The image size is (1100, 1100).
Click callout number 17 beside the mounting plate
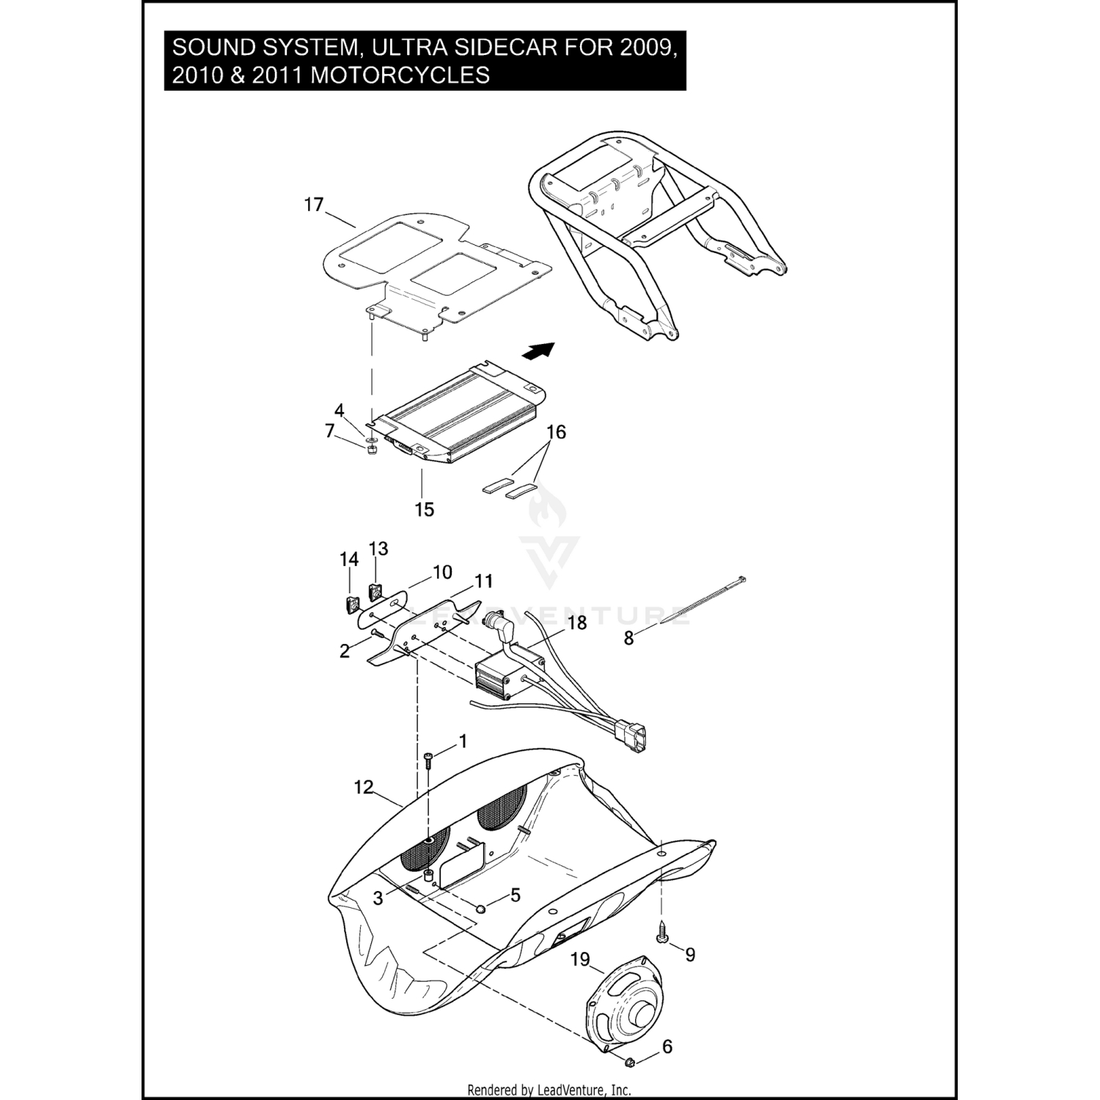tap(314, 205)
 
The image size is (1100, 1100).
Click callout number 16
tap(557, 432)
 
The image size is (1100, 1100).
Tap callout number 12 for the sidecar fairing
tap(364, 787)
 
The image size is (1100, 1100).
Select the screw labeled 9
tap(662, 938)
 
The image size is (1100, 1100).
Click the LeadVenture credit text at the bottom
tap(549, 1090)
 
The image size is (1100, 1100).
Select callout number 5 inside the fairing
tap(516, 895)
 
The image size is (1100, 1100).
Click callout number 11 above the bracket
tap(483, 582)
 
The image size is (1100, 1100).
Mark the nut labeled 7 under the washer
tap(372, 450)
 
